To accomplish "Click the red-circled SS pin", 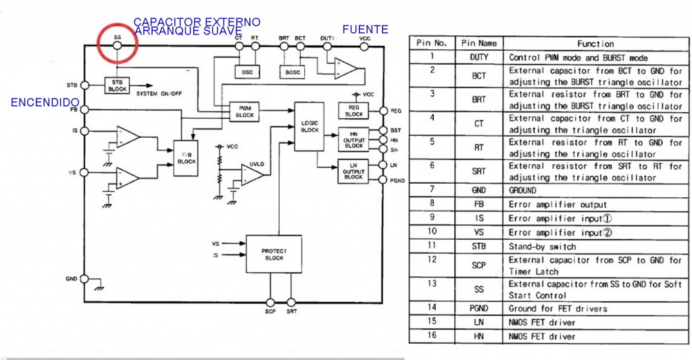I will point(117,45).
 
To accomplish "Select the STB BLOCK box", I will point(117,85).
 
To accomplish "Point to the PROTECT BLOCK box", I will point(274,254).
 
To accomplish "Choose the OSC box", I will point(245,72).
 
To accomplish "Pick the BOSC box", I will point(292,72).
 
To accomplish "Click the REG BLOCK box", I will point(353,111).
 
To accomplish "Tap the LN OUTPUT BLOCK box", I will point(353,172).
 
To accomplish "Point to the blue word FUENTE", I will point(365,30).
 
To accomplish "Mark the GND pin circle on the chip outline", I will point(84,278).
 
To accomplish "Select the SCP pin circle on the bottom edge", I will point(270,303).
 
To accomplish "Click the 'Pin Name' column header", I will point(478,43).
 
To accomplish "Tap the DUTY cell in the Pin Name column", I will point(478,58).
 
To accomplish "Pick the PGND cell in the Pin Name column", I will point(478,309).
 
